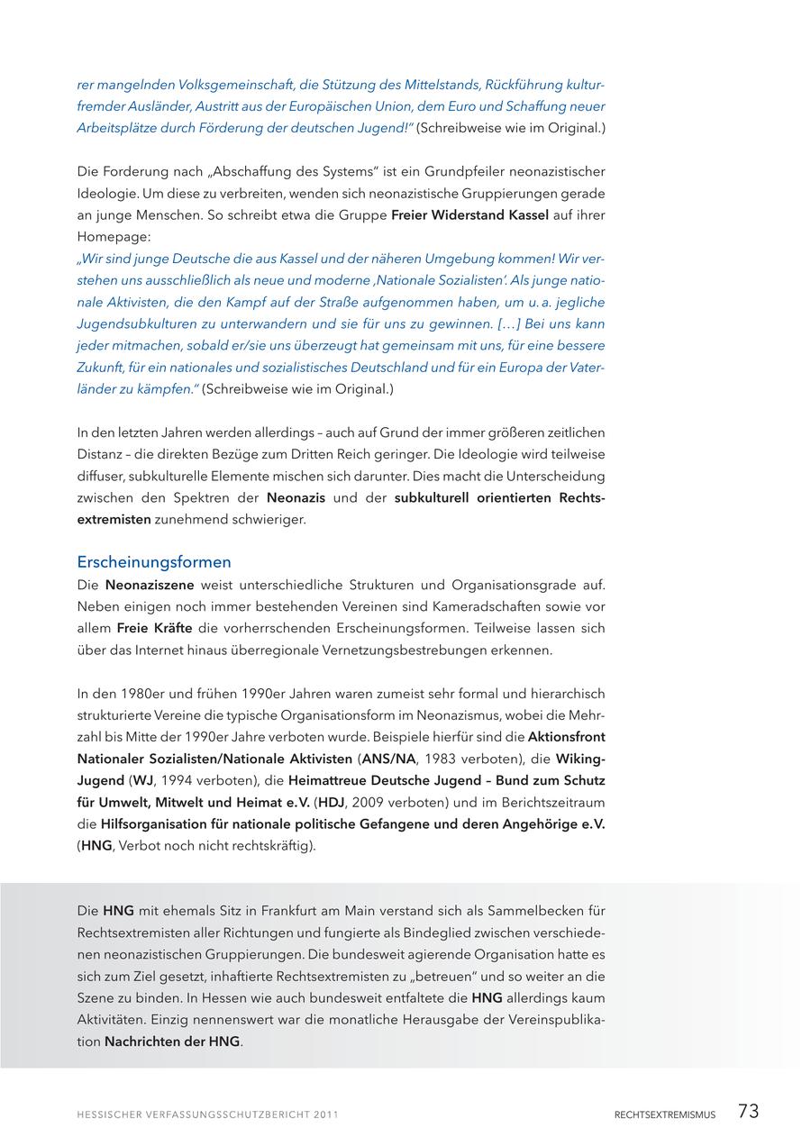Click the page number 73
[748, 1112]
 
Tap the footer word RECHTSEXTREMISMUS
[665, 1114]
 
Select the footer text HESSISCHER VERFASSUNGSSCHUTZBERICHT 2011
[207, 1114]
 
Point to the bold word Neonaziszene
[149, 585]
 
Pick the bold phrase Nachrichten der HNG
[172, 1041]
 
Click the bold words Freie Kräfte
[154, 628]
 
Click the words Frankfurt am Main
[314, 911]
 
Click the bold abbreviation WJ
[142, 780]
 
